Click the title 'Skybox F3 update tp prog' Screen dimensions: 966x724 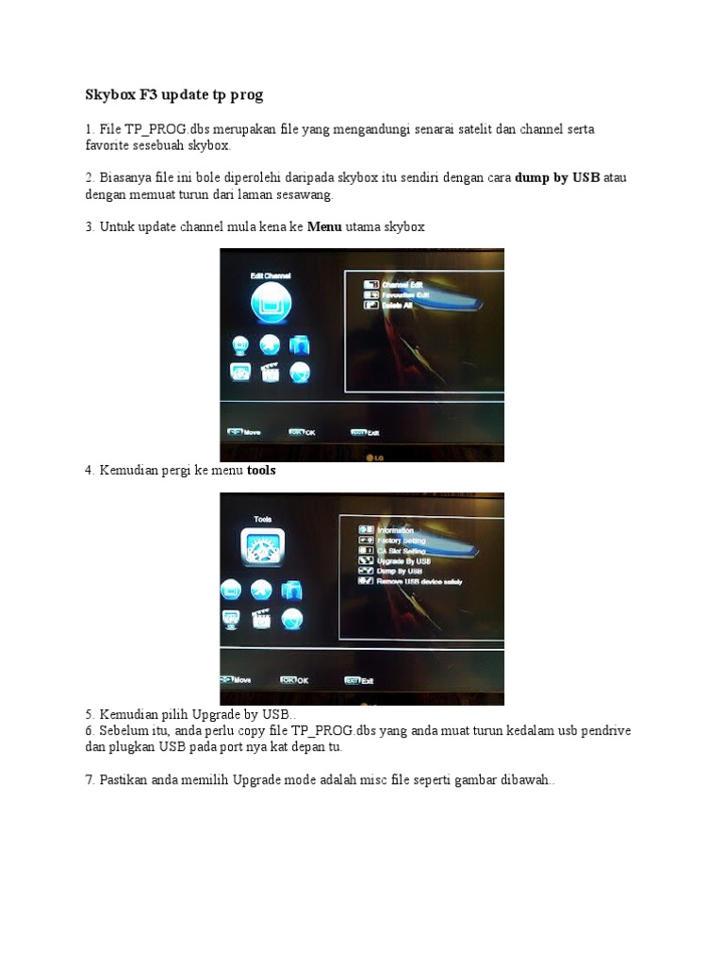pos(174,95)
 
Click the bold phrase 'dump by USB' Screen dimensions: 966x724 pos(557,177)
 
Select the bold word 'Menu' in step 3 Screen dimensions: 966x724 pos(324,227)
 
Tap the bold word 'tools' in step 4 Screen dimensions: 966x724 pos(261,470)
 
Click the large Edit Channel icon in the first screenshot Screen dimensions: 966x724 pos(271,305)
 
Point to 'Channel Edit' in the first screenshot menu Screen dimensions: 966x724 pos(403,283)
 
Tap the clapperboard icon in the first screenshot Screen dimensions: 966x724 pos(271,372)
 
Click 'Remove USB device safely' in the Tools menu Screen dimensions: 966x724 pos(419,582)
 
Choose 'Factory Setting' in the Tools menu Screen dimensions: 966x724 pos(401,541)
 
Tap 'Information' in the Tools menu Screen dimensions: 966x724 pos(395,530)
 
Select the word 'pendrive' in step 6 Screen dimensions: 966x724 pos(604,731)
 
